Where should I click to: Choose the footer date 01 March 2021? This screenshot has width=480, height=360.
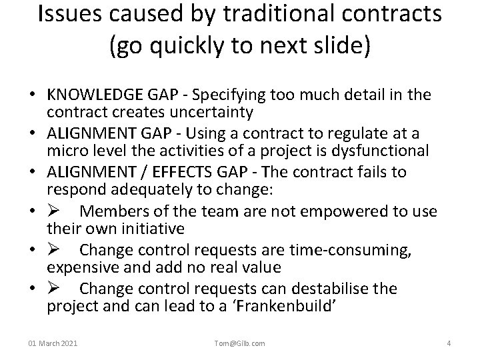[x=53, y=343]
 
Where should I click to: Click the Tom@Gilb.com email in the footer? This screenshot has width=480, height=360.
[x=239, y=343]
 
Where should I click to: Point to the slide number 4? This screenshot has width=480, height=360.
[x=449, y=343]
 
